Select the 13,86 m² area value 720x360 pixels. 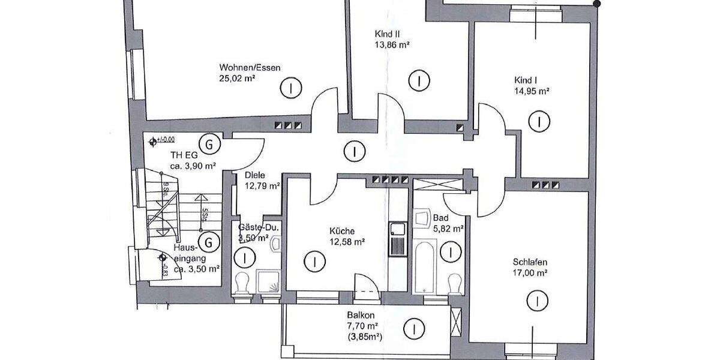point(391,44)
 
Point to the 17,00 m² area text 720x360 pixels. point(530,273)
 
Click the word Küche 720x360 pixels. point(342,231)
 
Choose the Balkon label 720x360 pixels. point(361,316)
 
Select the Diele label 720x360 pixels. point(255,176)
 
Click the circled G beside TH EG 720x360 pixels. point(209,145)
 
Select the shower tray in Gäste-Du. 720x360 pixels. point(268,282)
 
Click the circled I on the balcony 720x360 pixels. point(412,328)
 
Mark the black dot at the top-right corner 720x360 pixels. point(596,5)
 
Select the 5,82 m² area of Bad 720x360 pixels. point(449,229)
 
